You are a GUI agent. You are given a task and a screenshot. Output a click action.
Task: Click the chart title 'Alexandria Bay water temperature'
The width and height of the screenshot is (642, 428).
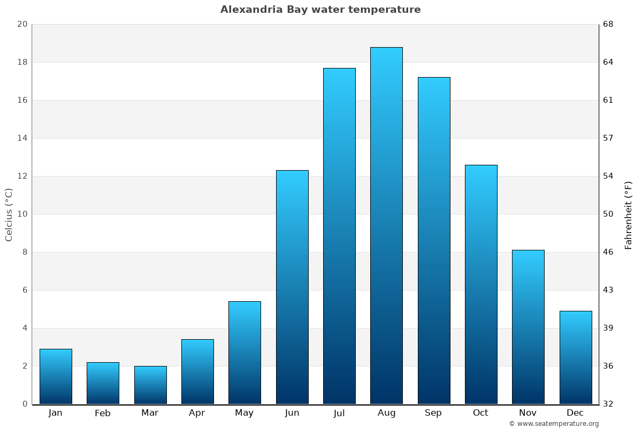[x=320, y=10]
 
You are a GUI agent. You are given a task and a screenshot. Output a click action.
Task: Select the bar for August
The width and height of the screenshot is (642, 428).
[x=386, y=225]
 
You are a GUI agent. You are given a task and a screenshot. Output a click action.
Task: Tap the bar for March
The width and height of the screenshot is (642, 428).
[x=150, y=385]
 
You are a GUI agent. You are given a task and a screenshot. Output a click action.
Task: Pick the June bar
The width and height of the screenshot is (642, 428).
[x=292, y=287]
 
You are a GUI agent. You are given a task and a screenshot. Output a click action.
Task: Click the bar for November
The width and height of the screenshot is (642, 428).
[x=528, y=327]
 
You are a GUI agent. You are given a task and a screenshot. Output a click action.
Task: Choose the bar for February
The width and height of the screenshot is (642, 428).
[x=103, y=383]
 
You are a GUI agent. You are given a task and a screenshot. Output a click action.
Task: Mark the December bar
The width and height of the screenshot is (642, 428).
[x=576, y=357]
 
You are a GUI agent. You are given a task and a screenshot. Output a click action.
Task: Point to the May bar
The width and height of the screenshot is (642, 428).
[x=244, y=353]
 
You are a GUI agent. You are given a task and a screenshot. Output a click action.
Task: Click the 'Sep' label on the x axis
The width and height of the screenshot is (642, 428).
[x=433, y=413]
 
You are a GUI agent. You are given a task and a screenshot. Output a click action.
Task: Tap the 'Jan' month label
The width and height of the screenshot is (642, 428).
[x=56, y=413]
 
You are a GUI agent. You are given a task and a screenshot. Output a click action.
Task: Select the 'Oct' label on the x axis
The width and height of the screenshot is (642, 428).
[x=480, y=413]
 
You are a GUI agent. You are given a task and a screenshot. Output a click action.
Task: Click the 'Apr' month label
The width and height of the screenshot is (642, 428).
[x=197, y=413]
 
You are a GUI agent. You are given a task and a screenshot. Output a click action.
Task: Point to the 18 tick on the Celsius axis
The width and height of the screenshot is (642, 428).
[x=22, y=62]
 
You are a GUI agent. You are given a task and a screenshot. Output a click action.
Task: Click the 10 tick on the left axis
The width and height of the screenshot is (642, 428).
[x=22, y=214]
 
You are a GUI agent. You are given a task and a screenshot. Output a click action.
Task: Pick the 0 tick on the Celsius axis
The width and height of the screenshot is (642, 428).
[x=25, y=404]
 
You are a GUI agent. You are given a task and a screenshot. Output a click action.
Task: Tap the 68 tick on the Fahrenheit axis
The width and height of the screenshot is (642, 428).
[x=608, y=24]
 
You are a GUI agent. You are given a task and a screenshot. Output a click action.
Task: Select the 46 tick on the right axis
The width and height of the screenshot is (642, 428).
[x=608, y=252]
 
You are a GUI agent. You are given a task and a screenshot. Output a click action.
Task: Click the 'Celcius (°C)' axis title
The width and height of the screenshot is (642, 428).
[x=9, y=214]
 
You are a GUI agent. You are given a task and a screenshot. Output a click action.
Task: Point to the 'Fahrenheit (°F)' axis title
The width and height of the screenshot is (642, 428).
[x=629, y=215]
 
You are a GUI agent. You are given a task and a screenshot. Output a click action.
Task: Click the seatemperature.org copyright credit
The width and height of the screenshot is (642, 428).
[x=554, y=424]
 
